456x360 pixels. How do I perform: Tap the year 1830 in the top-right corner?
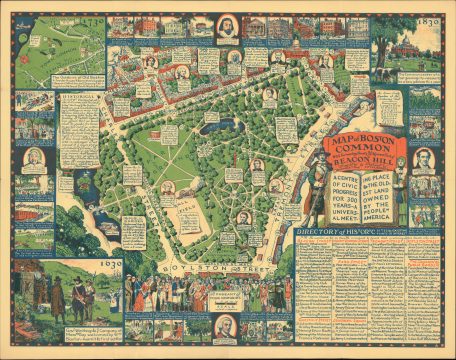(x=428, y=17)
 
